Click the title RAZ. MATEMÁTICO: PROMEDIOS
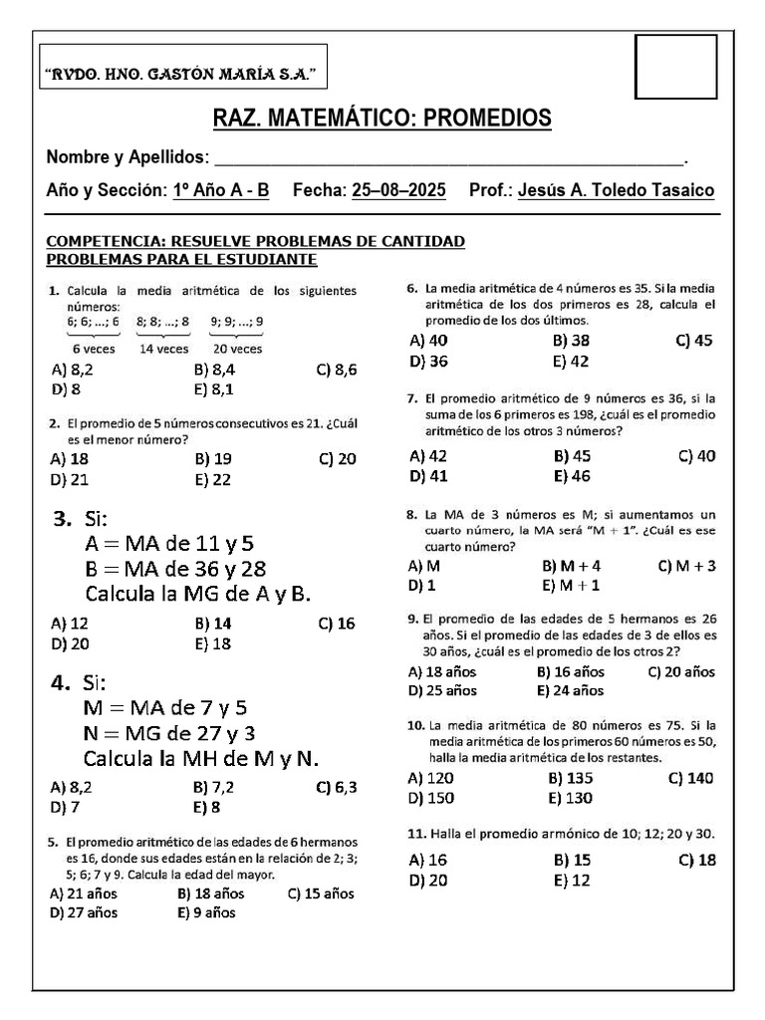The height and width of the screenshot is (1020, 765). point(382,120)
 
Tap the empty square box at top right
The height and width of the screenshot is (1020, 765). point(675,67)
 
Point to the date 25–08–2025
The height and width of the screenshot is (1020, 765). point(399,190)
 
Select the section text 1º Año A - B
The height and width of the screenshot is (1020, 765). point(221,190)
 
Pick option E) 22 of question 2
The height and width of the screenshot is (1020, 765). point(213,479)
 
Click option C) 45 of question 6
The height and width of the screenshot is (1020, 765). point(694,341)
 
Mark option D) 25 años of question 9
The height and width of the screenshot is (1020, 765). point(442,690)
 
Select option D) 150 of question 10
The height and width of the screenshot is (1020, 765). point(430,798)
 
